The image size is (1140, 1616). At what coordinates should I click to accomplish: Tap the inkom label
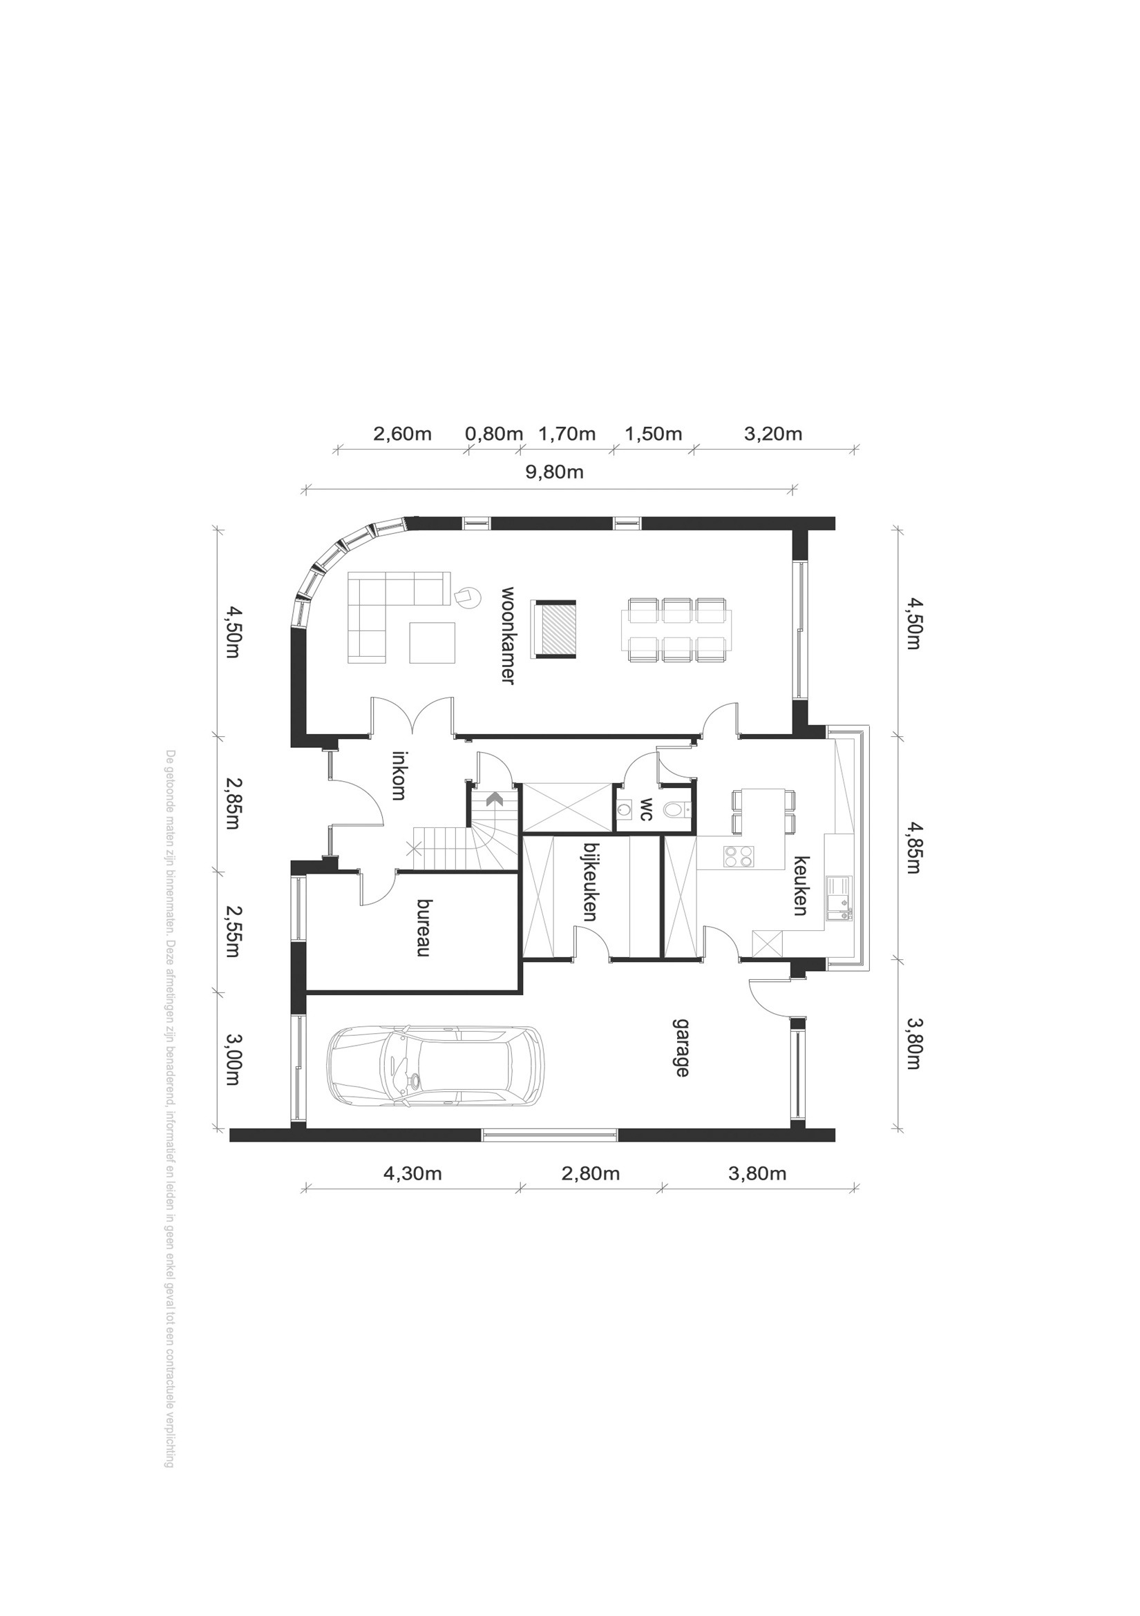coord(399,775)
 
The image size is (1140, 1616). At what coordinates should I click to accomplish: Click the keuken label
coord(801,885)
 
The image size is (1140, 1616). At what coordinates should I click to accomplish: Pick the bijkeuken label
coord(590,882)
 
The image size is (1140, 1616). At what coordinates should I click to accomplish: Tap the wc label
coord(646,809)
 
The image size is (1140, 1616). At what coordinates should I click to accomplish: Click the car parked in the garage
coord(436,1066)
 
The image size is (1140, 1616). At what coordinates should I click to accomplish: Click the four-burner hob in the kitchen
coord(738,855)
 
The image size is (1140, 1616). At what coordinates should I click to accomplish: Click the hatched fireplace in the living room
coord(555,629)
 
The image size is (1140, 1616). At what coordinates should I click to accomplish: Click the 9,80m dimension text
coord(555,472)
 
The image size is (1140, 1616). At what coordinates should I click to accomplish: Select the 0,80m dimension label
coord(493,434)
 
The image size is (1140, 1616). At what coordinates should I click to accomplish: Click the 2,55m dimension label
coord(232,931)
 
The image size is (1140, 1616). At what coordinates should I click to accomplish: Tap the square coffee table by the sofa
coord(433,642)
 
